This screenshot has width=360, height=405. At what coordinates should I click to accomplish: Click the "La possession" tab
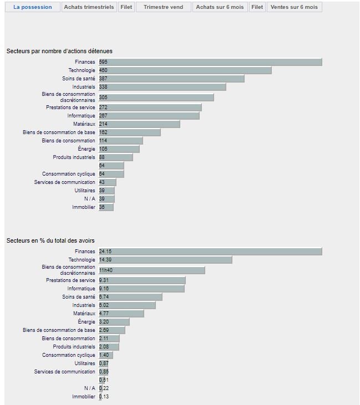pos(32,7)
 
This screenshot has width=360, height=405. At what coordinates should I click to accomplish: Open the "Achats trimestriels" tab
pos(89,7)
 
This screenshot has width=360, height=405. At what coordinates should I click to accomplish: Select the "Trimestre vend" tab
pos(164,7)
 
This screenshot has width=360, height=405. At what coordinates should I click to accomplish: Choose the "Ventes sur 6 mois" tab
pos(294,7)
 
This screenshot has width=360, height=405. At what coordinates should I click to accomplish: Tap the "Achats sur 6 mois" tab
pos(220,7)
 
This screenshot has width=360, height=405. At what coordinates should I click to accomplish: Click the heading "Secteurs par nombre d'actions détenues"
pos(59,51)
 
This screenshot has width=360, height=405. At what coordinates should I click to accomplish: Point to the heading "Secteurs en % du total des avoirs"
pos(50,240)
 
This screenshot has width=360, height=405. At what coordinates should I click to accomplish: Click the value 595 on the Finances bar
pos(103,62)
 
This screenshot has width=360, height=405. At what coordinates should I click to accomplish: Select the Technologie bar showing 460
pos(185,70)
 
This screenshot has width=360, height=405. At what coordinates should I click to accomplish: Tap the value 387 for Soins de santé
pos(103,79)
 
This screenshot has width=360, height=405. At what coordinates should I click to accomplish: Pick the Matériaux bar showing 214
pos(139,124)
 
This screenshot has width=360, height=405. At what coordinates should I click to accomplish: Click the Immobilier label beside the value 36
pos(83,207)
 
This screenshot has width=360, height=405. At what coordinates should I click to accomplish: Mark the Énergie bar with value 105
pos(119,149)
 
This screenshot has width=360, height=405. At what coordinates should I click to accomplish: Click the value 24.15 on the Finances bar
pos(105,252)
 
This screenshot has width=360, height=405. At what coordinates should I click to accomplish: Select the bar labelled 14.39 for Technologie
pos(165,260)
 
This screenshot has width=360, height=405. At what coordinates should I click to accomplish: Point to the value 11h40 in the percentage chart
pos(107,270)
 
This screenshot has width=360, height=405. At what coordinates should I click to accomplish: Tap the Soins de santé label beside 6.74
pos(79,297)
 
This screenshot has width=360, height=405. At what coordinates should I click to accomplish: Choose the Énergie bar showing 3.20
pos(114,322)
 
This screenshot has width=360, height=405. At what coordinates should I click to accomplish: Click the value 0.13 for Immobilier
pos(104,397)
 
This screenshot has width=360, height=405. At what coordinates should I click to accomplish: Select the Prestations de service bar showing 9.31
pos(142,280)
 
